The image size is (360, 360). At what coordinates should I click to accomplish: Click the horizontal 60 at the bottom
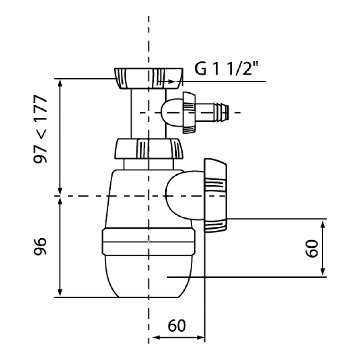(x=177, y=326)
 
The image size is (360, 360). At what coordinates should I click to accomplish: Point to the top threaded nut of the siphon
(x=148, y=77)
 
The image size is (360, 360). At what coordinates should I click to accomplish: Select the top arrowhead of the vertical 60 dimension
(x=323, y=223)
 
